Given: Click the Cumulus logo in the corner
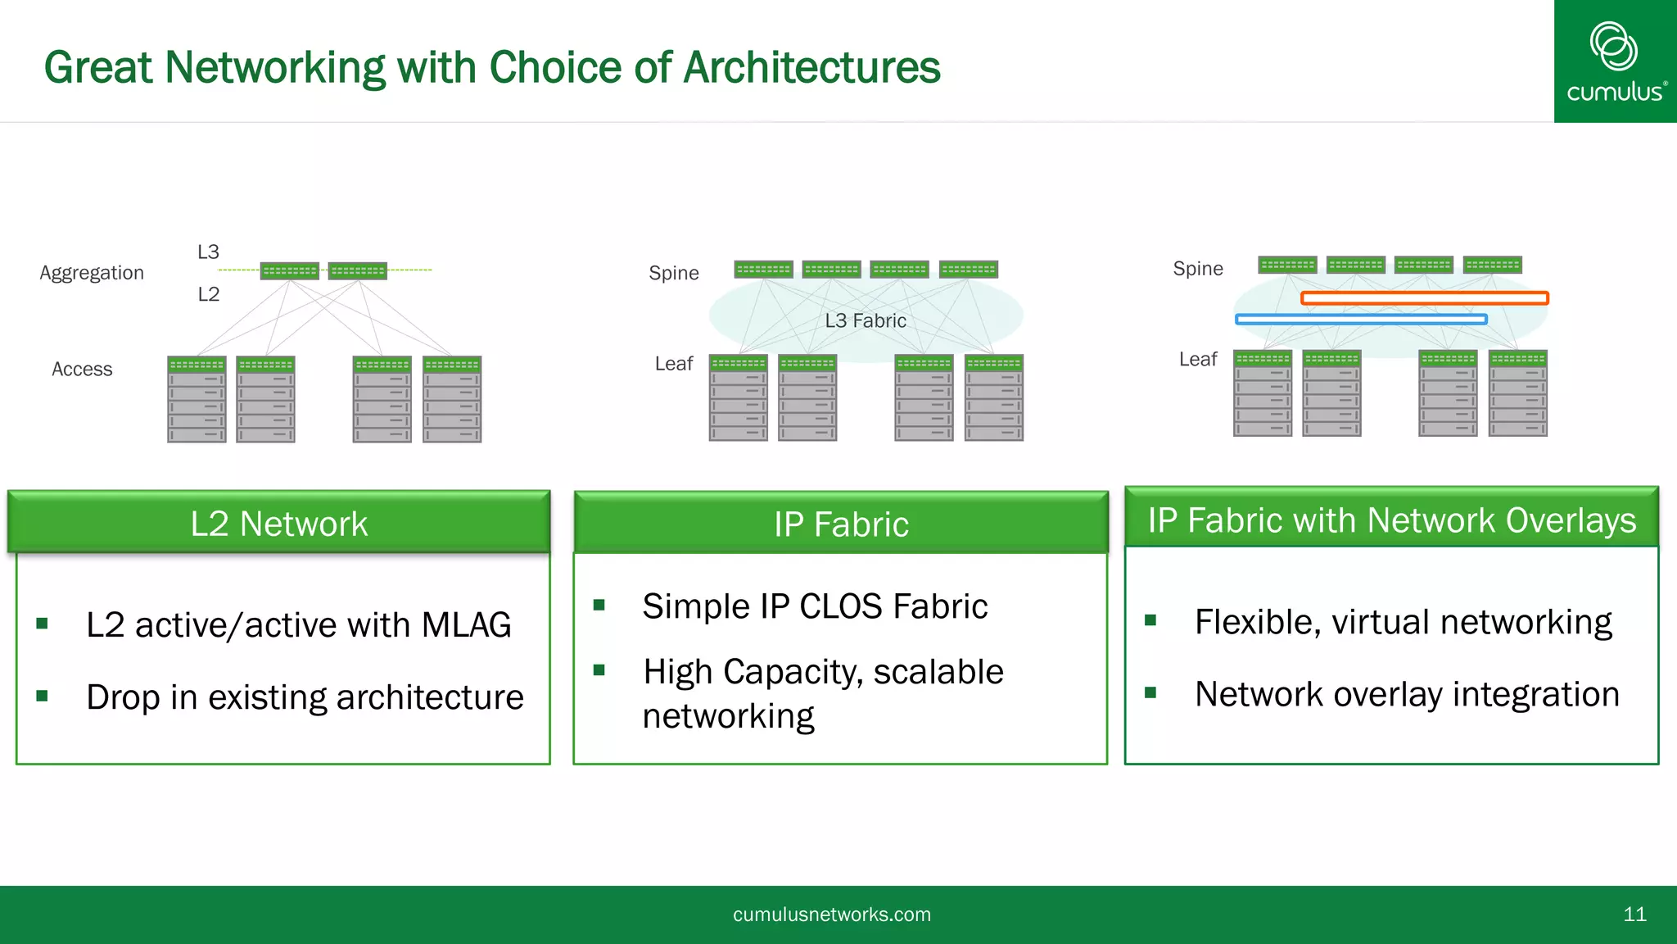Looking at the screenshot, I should pos(1615,62).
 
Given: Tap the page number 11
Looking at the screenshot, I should pos(1634,914).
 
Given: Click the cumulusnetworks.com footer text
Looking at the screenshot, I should pos(831,914).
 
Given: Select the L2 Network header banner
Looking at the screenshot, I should pos(279,524).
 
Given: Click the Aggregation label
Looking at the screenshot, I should pos(92,273).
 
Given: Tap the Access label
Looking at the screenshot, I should pos(82,370).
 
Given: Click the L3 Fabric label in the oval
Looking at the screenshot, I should pos(865,320).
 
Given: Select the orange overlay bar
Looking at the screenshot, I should pos(1424,298).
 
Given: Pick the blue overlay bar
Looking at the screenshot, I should pos(1360,320).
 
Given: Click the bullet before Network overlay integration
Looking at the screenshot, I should pos(1150,693).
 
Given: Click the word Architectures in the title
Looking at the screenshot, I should pos(811,67).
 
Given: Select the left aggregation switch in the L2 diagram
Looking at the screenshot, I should pos(289,270).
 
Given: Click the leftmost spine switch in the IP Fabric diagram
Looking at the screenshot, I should pos(763,269).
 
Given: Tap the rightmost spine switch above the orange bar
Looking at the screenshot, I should pos(1492,265).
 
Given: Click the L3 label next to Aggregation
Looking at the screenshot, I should pos(208,252).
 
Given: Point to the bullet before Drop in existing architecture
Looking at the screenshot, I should pos(43,696).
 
